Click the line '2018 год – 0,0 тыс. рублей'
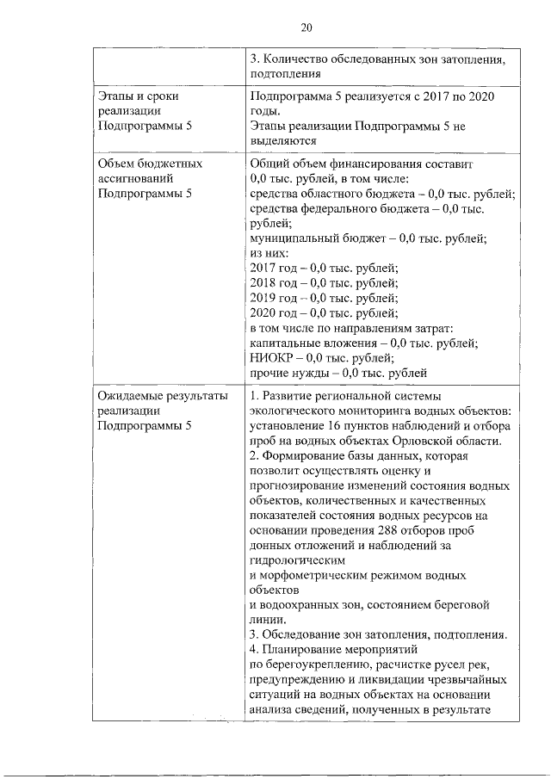323,282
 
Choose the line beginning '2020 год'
323,312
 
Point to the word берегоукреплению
304,664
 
